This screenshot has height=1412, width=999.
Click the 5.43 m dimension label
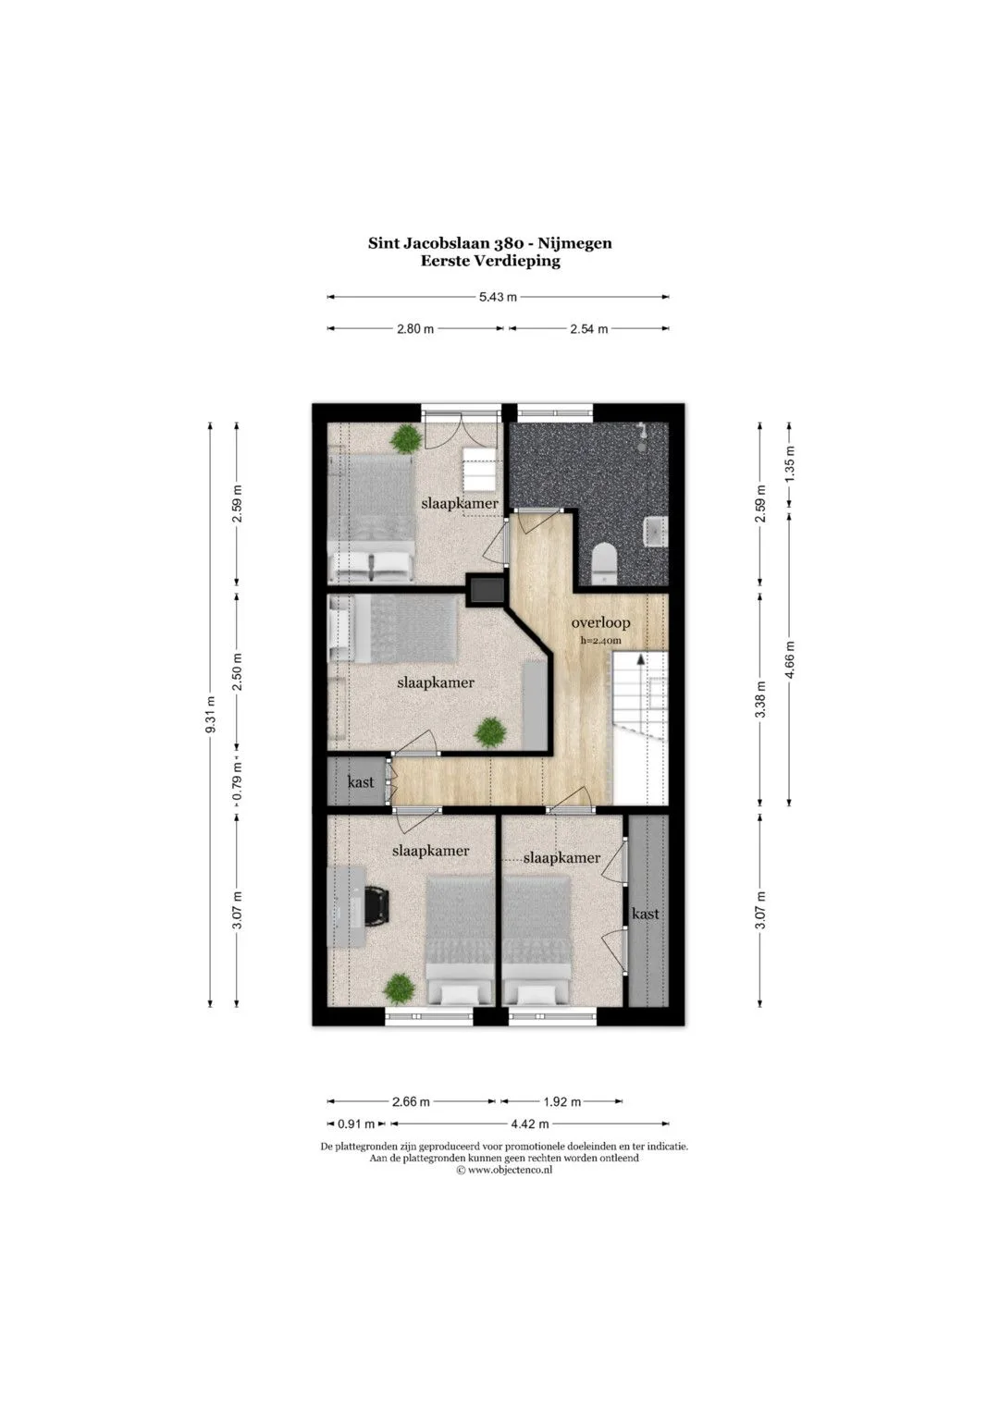[x=498, y=297]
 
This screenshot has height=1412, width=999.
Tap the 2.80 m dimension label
[x=415, y=329]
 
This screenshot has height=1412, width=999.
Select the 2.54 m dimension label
[x=589, y=329]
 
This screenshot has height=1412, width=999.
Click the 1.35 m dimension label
[x=791, y=463]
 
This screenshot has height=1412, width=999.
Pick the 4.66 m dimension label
[x=791, y=659]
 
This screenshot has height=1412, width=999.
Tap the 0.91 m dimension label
[x=356, y=1123]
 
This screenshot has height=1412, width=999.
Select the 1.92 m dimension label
[x=562, y=1102]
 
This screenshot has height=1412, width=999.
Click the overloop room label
[x=600, y=623]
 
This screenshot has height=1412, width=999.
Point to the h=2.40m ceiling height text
[x=600, y=641]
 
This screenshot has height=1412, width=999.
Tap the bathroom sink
[x=655, y=531]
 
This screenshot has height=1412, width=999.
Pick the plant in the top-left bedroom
[x=405, y=438]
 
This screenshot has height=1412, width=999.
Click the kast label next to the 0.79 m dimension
[x=361, y=782]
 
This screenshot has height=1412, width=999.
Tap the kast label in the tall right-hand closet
[x=646, y=914]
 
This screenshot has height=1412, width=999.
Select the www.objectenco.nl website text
[x=511, y=1170]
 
